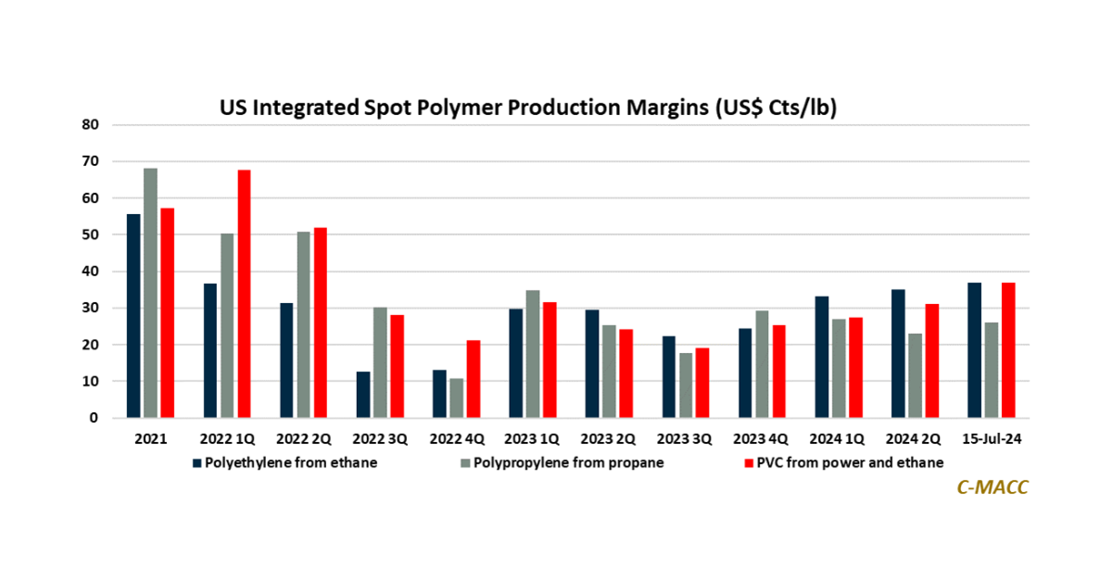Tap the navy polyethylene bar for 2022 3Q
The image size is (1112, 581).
tap(363, 395)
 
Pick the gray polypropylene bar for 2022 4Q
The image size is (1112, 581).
tap(457, 398)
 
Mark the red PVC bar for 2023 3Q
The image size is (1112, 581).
tap(702, 383)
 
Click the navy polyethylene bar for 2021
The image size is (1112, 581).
tap(134, 316)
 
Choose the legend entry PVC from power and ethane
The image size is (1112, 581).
tap(843, 462)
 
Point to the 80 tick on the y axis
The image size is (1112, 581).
tap(91, 124)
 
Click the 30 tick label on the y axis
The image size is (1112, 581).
tap(91, 308)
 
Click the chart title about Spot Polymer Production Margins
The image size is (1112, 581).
tap(527, 108)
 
